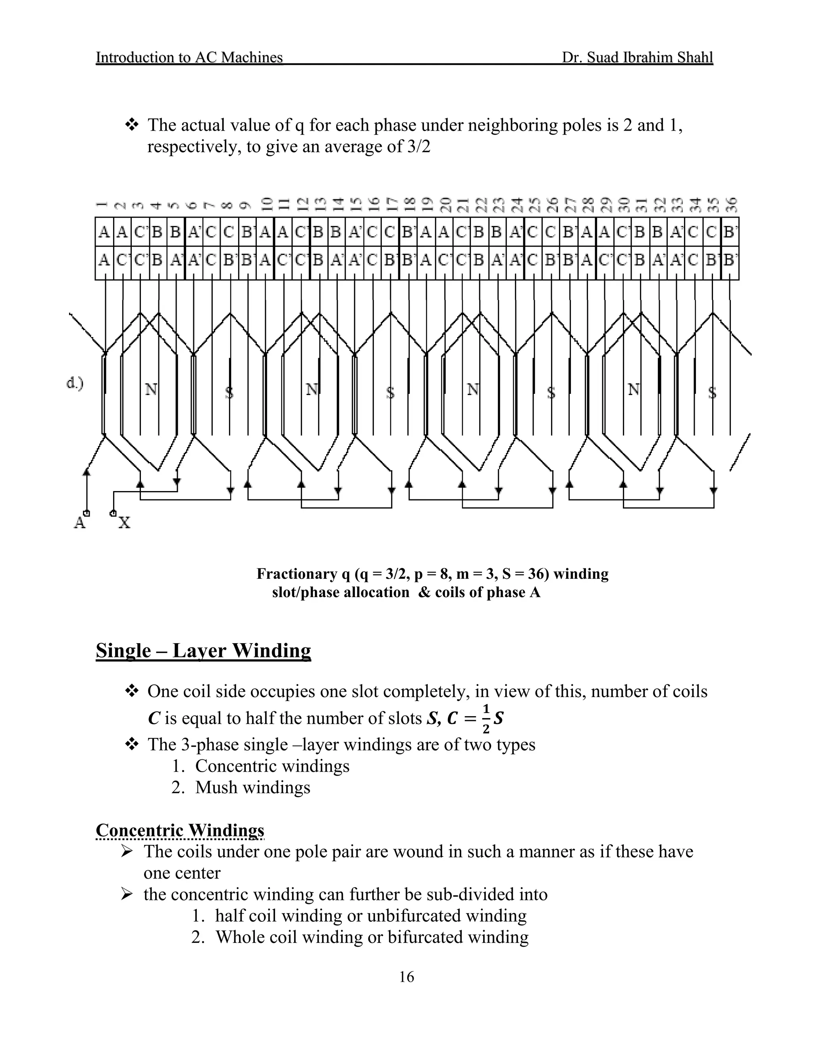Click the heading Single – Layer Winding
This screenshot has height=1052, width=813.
click(203, 651)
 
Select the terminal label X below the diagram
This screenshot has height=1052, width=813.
click(124, 522)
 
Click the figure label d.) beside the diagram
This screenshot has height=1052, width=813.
click(75, 383)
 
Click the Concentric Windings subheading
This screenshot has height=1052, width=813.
click(180, 830)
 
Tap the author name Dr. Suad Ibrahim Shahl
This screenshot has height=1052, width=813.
click(637, 57)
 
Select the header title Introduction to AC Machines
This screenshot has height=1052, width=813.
click(189, 57)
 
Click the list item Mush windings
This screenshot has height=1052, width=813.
click(252, 787)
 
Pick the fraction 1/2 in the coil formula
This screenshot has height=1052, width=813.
click(485, 718)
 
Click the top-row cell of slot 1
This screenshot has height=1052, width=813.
click(104, 232)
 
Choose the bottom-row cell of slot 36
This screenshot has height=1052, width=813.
click(730, 260)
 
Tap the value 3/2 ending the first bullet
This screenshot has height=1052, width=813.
click(418, 146)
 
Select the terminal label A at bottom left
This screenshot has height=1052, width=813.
click(79, 522)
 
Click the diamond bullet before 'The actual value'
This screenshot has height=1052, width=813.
click(131, 125)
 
